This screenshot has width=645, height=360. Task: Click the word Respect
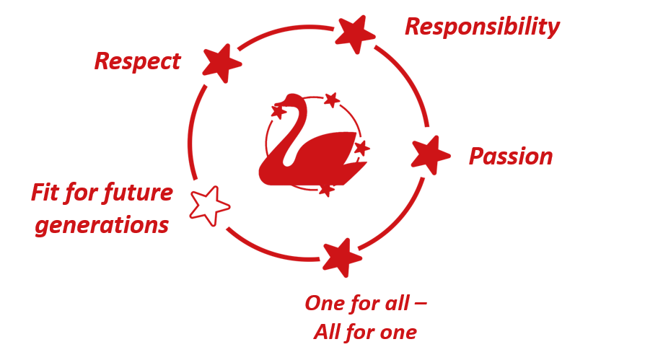pyautogui.click(x=137, y=61)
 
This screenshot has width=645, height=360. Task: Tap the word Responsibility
pyautogui.click(x=481, y=27)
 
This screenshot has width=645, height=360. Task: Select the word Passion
pyautogui.click(x=510, y=156)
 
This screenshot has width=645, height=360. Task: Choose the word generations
pyautogui.click(x=102, y=225)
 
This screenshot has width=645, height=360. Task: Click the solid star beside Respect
pyautogui.click(x=221, y=62)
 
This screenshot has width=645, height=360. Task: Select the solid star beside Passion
pyautogui.click(x=430, y=154)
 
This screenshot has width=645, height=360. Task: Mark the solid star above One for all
pyautogui.click(x=341, y=256)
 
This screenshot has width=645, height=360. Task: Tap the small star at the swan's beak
pyautogui.click(x=278, y=111)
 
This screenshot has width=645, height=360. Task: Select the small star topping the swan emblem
pyautogui.click(x=331, y=100)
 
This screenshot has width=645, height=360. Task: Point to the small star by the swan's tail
pyautogui.click(x=361, y=148)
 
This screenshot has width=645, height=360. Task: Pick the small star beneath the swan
pyautogui.click(x=327, y=190)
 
